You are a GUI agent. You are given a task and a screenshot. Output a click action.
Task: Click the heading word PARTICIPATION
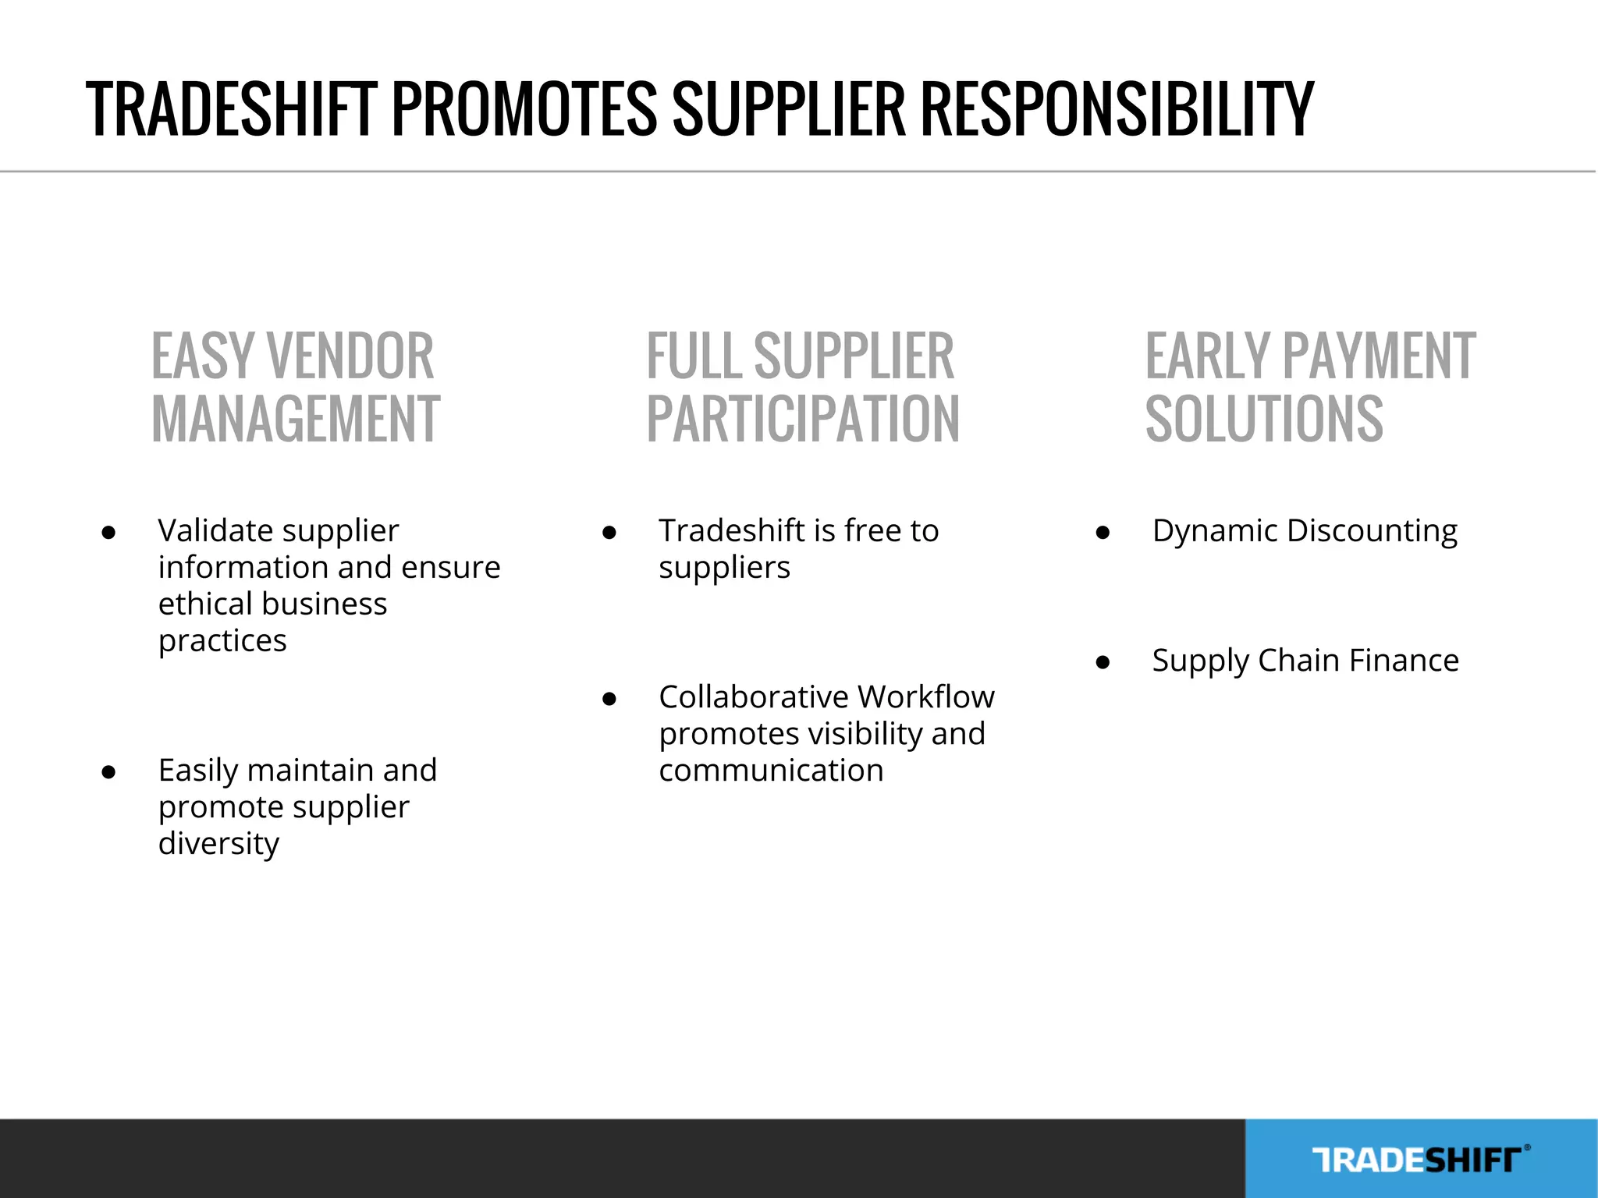click(x=803, y=420)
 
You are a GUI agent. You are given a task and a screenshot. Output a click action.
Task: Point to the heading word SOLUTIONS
click(x=1264, y=420)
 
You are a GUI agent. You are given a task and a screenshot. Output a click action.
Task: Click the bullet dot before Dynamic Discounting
click(x=1103, y=533)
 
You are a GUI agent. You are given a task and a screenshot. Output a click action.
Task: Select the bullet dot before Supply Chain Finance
click(x=1103, y=663)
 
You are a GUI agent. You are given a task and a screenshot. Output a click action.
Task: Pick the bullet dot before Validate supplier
click(x=108, y=533)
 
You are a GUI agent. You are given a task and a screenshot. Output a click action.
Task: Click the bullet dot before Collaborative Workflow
click(x=609, y=699)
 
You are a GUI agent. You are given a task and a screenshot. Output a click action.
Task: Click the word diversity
click(x=218, y=845)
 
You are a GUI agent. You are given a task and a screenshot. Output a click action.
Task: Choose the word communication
click(x=771, y=771)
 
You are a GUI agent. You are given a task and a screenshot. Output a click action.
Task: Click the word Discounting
click(x=1372, y=532)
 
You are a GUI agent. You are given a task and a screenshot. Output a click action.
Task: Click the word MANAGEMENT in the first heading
click(x=296, y=420)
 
